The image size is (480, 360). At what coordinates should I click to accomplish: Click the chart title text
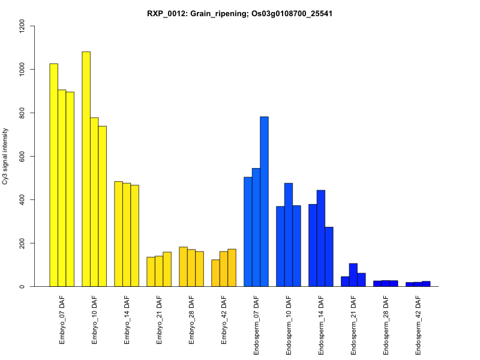pos(240,13)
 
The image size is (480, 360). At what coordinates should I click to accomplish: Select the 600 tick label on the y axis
pos(23,157)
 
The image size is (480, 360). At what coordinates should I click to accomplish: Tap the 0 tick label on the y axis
pos(23,286)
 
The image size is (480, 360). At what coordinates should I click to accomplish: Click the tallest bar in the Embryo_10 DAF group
pos(86,169)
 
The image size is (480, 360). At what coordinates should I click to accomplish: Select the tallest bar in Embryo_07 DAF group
pos(53,175)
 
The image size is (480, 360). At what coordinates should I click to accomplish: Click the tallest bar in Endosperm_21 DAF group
pos(353,275)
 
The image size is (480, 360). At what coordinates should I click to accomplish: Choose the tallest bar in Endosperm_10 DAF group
pos(289,235)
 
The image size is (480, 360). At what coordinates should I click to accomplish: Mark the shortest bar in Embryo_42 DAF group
pos(215,273)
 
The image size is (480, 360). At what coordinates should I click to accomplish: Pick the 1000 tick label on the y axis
pos(23,70)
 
